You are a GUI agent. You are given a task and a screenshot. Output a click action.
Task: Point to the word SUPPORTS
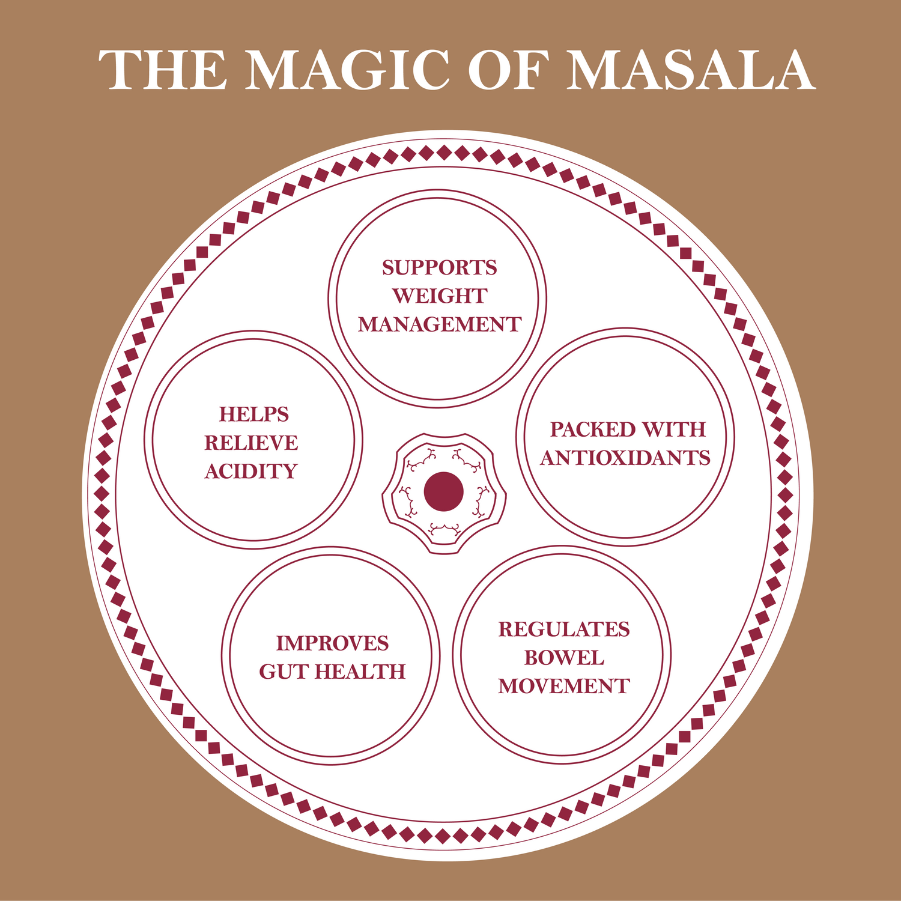pos(440,268)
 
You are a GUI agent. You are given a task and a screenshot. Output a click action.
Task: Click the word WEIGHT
pos(440,296)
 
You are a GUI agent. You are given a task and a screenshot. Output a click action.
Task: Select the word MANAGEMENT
pos(440,324)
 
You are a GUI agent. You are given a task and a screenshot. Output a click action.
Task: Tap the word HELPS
pos(253,414)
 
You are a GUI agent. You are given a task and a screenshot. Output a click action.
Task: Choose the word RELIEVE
pos(251,443)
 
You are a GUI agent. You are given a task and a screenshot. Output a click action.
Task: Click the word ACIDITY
pos(251,472)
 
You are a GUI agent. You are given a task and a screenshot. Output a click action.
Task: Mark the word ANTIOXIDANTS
pos(625,458)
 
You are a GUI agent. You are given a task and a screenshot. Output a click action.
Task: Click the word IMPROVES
pos(332,643)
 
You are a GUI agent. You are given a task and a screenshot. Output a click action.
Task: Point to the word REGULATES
pos(564,629)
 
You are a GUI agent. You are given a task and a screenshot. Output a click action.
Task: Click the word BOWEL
pos(564,658)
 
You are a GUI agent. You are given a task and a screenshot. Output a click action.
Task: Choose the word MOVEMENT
pos(564,686)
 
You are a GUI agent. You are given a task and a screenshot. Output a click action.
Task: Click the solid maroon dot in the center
pos(443,491)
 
